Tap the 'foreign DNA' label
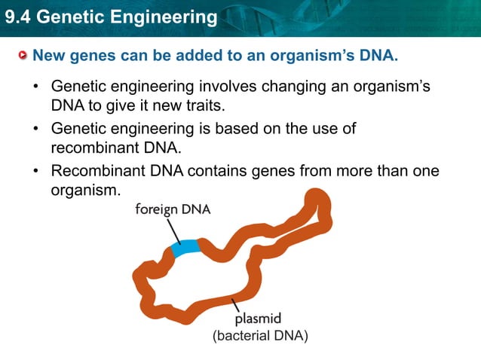coord(173,210)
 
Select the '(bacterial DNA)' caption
coord(260,336)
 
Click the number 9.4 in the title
coord(16,17)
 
